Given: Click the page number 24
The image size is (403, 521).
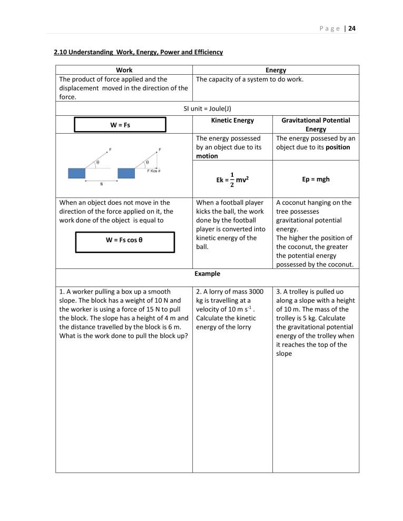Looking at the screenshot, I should [x=352, y=28].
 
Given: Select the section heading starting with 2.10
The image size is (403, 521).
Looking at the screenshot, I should [x=139, y=52].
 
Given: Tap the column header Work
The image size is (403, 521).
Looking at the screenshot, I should [x=124, y=70].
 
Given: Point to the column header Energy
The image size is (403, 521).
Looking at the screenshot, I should [x=276, y=70].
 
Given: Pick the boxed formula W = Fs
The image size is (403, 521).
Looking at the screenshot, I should [x=120, y=125].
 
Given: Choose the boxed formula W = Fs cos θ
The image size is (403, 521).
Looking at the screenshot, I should [x=125, y=240].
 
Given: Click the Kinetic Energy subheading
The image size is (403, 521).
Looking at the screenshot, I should [x=232, y=121].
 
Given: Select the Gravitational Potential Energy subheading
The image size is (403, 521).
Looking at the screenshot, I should [x=316, y=125].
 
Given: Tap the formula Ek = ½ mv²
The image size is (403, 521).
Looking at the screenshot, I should [x=232, y=179].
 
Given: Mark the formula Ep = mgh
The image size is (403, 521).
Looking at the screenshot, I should [x=316, y=179].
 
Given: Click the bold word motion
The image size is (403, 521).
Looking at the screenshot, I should [x=206, y=156].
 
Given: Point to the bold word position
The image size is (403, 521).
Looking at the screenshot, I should [x=338, y=147].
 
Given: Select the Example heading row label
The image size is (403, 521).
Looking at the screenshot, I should [x=207, y=274].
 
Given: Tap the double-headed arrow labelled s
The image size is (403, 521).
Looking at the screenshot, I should [x=101, y=181].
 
